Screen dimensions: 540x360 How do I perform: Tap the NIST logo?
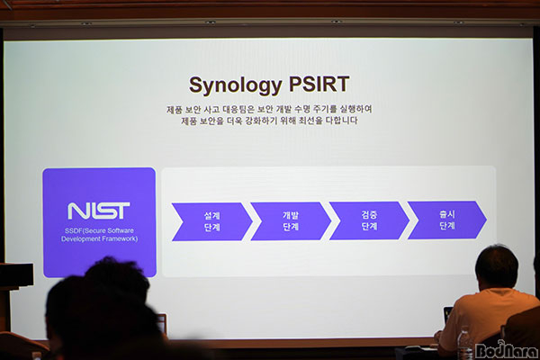click(x=99, y=211)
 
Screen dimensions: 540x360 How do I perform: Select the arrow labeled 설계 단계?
click(x=212, y=221)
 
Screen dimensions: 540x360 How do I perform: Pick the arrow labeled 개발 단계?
click(x=291, y=221)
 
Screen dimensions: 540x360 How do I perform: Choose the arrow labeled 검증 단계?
click(x=369, y=220)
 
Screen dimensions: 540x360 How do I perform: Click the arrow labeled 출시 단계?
click(x=447, y=220)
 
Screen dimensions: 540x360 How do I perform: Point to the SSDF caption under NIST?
click(x=99, y=235)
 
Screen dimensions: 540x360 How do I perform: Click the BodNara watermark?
click(x=507, y=350)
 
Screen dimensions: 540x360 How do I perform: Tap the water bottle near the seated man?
click(x=464, y=342)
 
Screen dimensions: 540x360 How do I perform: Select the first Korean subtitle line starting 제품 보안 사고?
click(x=269, y=110)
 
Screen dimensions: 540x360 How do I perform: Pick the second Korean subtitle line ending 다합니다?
click(x=269, y=121)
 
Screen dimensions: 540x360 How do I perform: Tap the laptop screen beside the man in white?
click(x=447, y=314)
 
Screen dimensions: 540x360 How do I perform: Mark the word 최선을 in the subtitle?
click(x=310, y=121)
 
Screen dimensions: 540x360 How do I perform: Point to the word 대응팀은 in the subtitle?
click(x=239, y=110)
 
